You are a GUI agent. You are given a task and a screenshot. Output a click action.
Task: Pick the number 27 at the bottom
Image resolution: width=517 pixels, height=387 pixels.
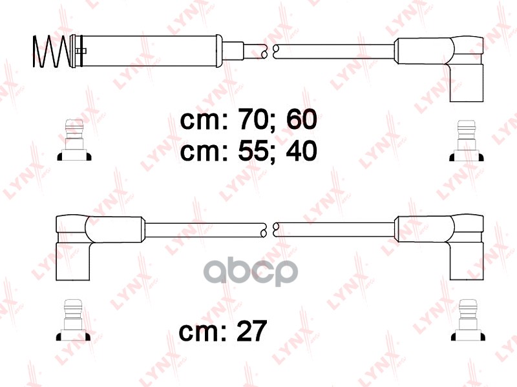pos(251,332)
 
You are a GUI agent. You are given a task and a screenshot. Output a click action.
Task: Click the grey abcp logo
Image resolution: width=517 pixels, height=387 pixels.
pos(251,273)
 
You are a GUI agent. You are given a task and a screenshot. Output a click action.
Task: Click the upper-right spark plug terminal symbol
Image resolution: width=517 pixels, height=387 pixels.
pos(466,140)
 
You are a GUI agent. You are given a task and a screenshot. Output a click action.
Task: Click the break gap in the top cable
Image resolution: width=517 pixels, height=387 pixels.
pos(269,49)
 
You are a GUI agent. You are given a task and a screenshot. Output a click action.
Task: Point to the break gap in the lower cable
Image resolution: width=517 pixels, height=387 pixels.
pos(269,228)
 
